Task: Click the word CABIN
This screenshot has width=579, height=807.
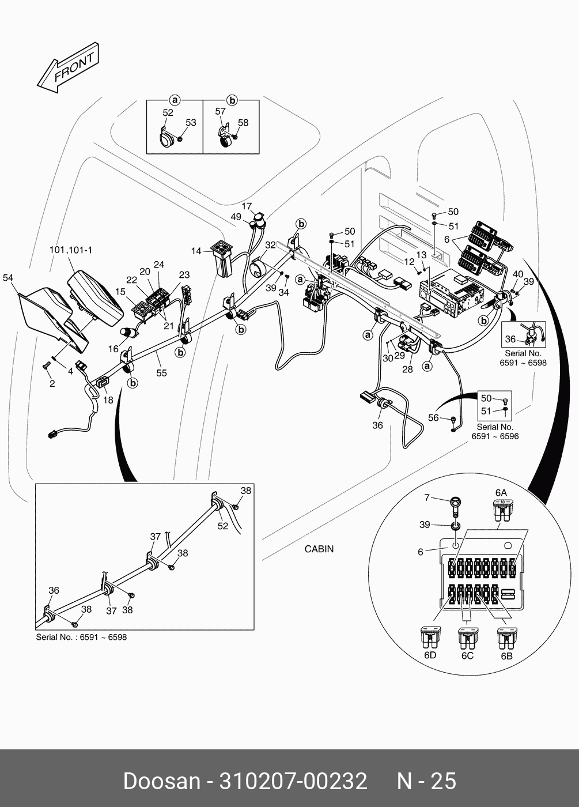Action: click(x=319, y=549)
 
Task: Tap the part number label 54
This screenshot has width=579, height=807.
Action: click(x=8, y=278)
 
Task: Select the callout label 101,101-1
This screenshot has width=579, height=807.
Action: click(x=71, y=250)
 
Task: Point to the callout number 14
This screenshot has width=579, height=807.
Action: click(x=196, y=251)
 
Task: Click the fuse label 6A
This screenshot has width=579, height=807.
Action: click(x=501, y=492)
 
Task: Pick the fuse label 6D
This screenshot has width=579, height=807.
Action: click(x=429, y=655)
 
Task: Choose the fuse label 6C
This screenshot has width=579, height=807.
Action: click(x=467, y=655)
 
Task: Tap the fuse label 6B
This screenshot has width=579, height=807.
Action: click(x=506, y=655)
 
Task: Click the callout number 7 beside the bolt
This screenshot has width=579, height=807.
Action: click(x=427, y=497)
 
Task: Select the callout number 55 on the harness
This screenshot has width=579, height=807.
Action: click(x=161, y=373)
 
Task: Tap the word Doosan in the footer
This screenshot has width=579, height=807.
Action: click(x=161, y=782)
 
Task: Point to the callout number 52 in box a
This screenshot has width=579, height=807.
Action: click(x=168, y=112)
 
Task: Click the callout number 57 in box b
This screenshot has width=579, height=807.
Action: click(x=220, y=111)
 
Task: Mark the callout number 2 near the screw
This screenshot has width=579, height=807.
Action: click(x=52, y=383)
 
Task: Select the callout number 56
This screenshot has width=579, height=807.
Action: click(x=433, y=417)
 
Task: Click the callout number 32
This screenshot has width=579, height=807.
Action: click(x=270, y=245)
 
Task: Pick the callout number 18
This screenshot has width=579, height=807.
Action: click(x=108, y=399)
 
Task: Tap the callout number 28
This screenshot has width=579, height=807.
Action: click(x=407, y=369)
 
